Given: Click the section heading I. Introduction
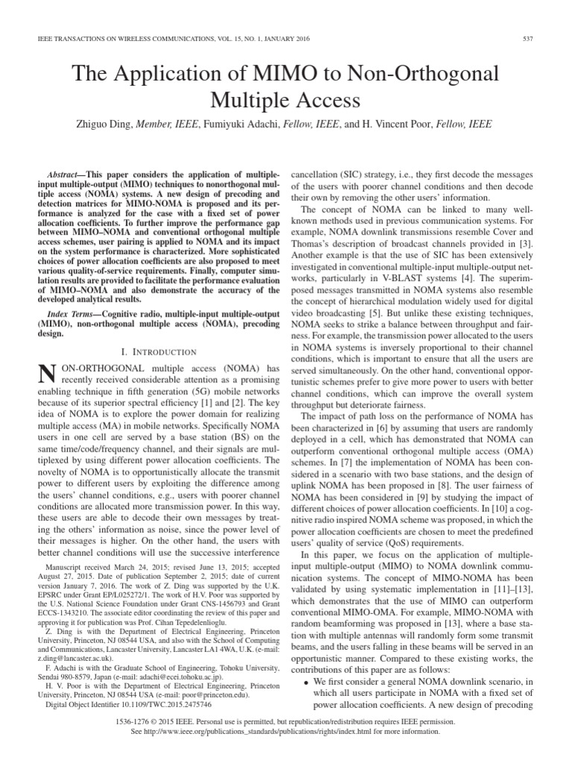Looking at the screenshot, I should point(156,351).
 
